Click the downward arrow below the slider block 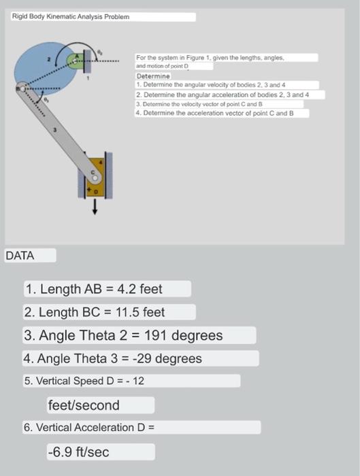point(95,208)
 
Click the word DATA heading point(20,256)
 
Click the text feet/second point(83,405)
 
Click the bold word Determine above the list point(148,77)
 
